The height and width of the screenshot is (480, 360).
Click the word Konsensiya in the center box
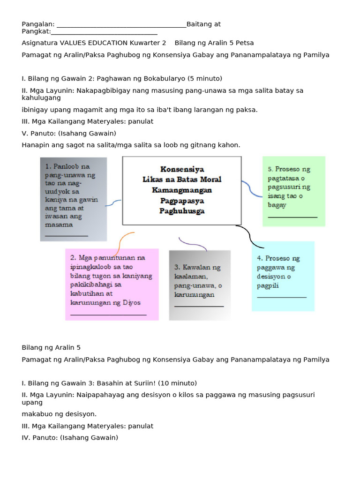[182, 169]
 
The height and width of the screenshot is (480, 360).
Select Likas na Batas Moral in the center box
[182, 180]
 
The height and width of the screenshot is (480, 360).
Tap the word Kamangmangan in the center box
[182, 190]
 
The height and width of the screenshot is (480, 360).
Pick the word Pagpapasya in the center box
[182, 201]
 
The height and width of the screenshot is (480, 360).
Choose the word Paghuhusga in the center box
[182, 211]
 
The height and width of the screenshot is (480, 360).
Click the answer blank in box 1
[67, 235]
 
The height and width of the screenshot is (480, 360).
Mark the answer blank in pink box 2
[108, 315]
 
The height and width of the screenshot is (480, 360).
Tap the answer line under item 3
[199, 306]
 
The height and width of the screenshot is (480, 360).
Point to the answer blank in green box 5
[292, 217]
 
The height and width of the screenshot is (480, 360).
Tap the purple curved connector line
[192, 244]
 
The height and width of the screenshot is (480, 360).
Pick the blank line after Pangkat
[104, 32]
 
